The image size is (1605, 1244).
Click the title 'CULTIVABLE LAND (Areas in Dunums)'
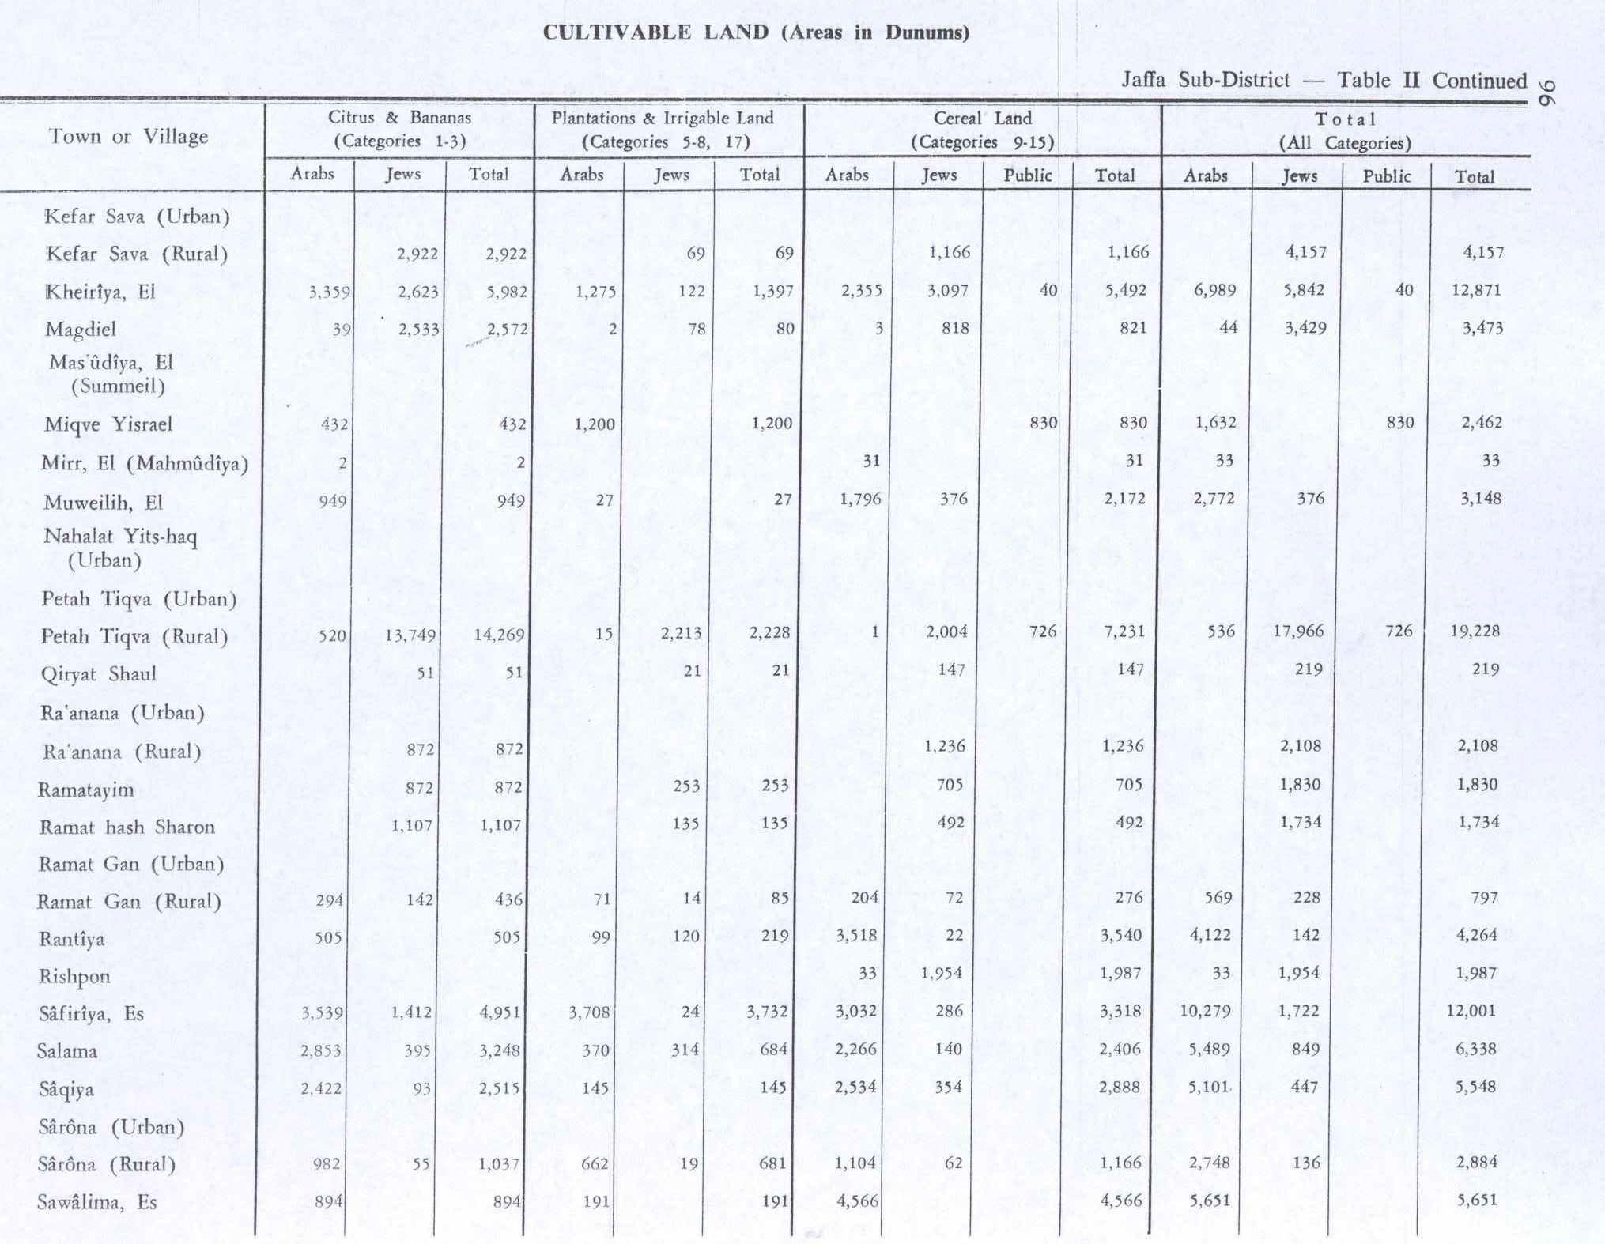pos(755,32)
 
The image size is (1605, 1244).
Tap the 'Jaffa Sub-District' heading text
pos(1205,80)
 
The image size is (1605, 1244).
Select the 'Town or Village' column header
pos(128,136)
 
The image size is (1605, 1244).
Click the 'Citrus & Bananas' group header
pos(399,118)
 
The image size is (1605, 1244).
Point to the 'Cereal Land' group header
pos(982,119)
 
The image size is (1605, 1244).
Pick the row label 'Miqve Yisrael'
pos(108,424)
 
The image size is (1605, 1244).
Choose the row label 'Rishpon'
pos(74,977)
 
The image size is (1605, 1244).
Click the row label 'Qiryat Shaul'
pos(98,674)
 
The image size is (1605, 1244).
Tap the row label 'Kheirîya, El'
pos(100,292)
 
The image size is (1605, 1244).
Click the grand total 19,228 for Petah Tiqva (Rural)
pos(1475,631)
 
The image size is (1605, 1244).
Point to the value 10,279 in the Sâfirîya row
pos(1205,1011)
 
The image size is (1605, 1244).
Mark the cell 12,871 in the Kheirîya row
pos(1476,290)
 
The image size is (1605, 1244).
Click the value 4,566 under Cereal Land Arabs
pos(857,1201)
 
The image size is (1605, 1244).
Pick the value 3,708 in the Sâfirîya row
pos(589,1012)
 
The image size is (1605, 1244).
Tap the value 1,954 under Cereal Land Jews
pos(941,973)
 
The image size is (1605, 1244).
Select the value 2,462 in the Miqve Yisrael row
pos(1481,422)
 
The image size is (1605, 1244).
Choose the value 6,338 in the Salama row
pos(1476,1050)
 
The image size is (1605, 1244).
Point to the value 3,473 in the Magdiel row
pos(1482,328)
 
